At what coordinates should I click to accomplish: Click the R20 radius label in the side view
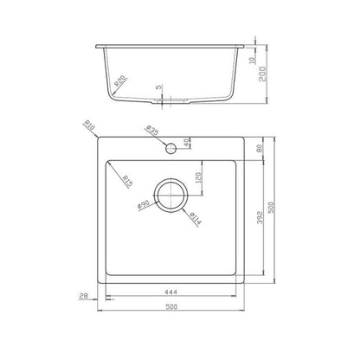point(120,81)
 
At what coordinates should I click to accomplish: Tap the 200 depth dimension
point(262,74)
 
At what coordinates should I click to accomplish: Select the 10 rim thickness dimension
point(252,60)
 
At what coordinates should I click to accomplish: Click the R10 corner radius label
point(89,125)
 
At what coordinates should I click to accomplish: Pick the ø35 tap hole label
point(152,131)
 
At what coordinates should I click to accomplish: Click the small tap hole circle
point(170,148)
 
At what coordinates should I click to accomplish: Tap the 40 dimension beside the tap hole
point(187,143)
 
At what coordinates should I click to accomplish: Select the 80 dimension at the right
point(259,149)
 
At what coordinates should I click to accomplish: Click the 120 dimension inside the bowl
point(198,178)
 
